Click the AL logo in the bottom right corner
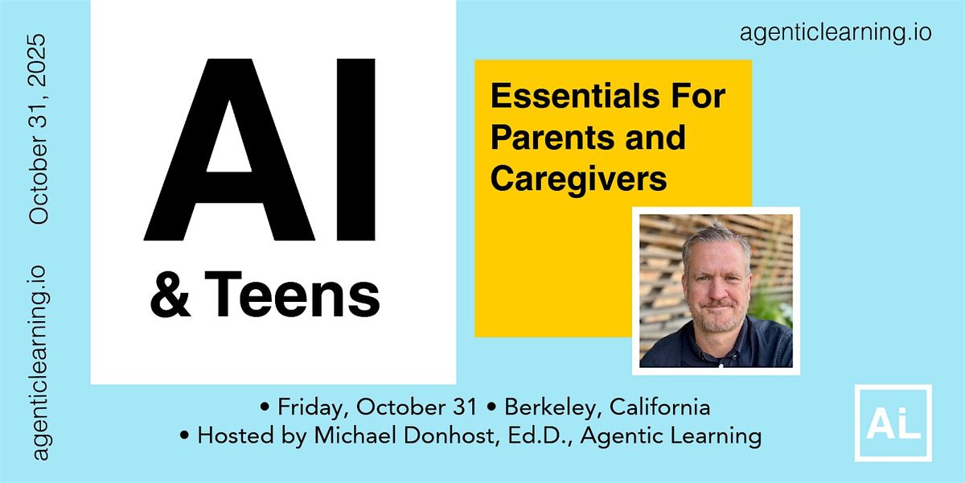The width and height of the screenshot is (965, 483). [893, 423]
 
